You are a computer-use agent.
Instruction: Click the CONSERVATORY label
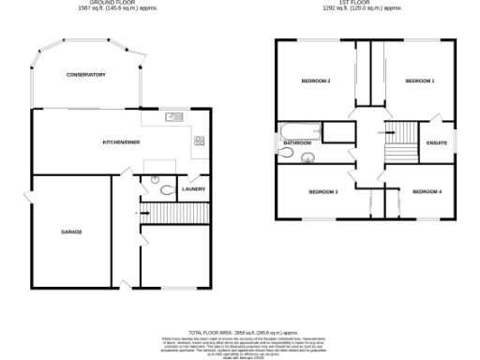85,75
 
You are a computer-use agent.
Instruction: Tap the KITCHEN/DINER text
122,142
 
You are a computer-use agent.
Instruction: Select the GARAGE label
72,231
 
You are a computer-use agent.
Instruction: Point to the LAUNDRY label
194,189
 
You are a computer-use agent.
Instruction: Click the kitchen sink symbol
173,117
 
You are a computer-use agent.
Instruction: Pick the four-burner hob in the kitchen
200,141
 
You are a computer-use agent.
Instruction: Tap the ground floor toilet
166,190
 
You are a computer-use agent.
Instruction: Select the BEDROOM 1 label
419,82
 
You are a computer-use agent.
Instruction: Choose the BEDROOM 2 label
316,82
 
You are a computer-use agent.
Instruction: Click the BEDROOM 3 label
322,192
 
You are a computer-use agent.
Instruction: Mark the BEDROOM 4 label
426,192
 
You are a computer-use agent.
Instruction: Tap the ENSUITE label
436,143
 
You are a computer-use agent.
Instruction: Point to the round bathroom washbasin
307,157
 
